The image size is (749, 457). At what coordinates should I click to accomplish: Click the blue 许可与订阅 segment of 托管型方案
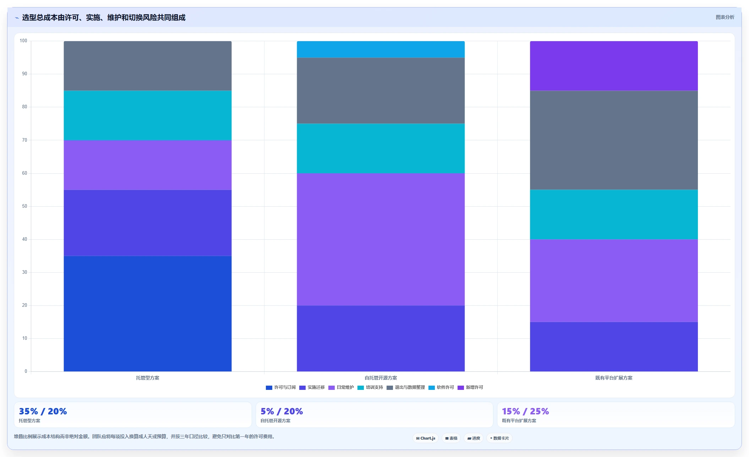coord(148,314)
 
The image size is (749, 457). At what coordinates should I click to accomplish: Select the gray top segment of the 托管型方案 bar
coord(148,66)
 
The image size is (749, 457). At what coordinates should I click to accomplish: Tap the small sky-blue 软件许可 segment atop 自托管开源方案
coord(381,49)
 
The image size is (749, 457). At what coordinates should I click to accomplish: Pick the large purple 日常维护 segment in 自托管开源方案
coord(381,239)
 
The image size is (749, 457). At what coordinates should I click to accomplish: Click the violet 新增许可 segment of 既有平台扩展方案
coord(614,66)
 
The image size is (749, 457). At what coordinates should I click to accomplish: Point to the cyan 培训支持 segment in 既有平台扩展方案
coord(614,214)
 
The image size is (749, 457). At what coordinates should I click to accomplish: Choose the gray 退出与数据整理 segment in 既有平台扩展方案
coord(614,140)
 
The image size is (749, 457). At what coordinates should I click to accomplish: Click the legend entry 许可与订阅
coord(281,387)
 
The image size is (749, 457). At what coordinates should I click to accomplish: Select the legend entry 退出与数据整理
coord(406,387)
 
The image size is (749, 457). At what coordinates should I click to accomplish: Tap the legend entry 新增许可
coord(470,387)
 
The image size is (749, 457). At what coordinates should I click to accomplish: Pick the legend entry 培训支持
coord(370,387)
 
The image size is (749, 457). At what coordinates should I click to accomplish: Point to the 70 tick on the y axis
coord(24,140)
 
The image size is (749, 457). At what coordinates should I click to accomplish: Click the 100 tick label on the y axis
coord(23,41)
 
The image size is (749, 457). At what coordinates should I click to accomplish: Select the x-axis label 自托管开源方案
coord(381,378)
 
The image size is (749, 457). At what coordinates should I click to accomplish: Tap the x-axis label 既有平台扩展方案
coord(614,378)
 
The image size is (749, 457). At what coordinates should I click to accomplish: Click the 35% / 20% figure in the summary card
coord(43,411)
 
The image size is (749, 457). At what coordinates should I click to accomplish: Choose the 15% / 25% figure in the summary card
coord(525,411)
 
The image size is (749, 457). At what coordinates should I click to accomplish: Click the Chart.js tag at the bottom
coord(426,438)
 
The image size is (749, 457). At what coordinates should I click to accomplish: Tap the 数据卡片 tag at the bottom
coord(499,438)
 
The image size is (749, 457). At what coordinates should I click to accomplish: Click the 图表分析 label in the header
coord(725,17)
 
